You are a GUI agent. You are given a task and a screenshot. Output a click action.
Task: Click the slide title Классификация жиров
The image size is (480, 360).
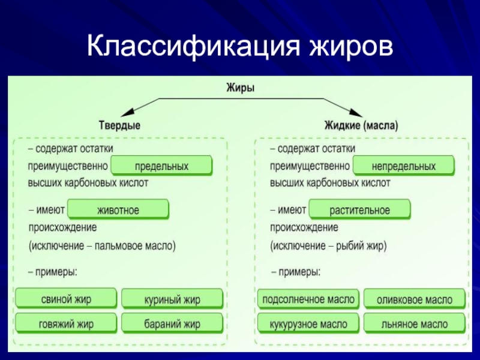coord(240,46)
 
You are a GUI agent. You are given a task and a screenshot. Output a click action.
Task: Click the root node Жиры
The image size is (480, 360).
coord(240,88)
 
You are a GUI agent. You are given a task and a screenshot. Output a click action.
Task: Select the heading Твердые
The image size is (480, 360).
coord(119,126)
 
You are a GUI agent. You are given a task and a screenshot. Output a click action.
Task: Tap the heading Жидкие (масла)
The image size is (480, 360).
coord(362,126)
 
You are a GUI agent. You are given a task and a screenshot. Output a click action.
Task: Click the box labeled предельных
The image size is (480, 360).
coord(162,166)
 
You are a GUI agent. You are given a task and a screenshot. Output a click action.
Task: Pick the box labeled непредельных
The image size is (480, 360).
coord(403,166)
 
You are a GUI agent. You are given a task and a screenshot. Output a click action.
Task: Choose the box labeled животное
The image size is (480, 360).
coord(118,210)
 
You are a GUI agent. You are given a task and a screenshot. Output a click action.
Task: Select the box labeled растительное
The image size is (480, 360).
coord(359,210)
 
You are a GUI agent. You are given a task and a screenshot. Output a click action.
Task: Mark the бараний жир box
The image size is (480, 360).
coord(172,324)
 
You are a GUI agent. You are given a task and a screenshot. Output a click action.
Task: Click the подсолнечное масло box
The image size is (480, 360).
coord(308,299)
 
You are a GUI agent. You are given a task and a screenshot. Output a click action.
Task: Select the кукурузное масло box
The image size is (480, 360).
coord(308,324)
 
